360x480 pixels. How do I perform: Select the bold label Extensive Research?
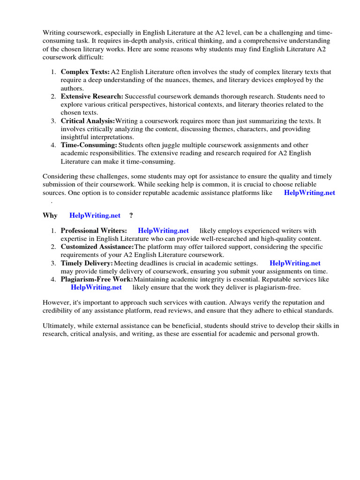tap(90, 97)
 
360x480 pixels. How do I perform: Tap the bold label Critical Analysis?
tap(88, 121)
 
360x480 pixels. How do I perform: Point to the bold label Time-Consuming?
tap(89, 145)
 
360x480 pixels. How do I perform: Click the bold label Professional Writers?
tap(94, 231)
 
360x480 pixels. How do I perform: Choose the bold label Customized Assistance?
tap(97, 247)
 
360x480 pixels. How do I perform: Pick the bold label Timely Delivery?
tap(87, 263)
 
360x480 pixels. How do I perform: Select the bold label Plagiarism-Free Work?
tap(97, 279)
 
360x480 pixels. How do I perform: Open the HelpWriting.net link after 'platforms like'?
tap(309, 193)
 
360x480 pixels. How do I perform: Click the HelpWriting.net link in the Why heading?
tap(95, 216)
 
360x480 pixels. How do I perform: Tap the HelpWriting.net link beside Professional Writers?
tap(163, 231)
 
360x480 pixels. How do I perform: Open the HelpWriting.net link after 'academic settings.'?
tap(295, 263)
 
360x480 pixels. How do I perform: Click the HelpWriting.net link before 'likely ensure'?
tap(96, 287)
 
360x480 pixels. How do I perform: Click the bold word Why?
tap(50, 216)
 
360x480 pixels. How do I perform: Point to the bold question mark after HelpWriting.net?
tap(131, 216)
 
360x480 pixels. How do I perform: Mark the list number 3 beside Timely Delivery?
tap(53, 263)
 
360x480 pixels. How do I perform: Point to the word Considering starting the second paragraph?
tap(61, 177)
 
